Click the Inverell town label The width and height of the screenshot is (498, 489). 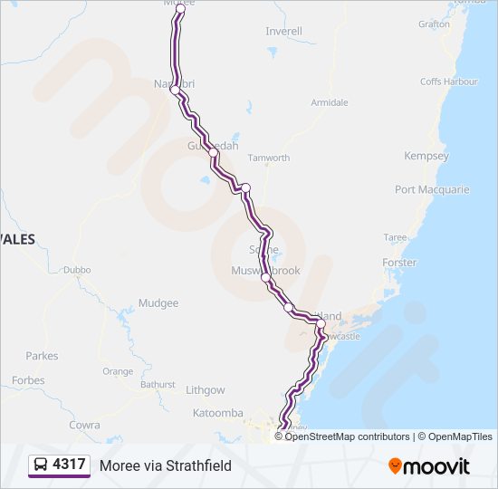[x=283, y=31]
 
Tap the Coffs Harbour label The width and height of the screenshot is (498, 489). [x=448, y=81]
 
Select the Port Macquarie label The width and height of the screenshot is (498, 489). [x=432, y=189]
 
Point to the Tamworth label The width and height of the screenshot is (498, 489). [x=269, y=158]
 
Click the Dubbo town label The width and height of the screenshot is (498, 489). [x=77, y=270]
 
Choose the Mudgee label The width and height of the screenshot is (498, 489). [x=158, y=303]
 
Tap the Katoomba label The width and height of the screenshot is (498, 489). [x=218, y=413]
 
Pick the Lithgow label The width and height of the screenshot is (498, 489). [x=205, y=390]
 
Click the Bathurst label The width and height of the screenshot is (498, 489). [x=158, y=384]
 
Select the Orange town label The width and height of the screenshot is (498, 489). [x=117, y=371]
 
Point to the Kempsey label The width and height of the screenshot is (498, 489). [x=426, y=156]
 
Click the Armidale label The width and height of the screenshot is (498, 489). [x=330, y=102]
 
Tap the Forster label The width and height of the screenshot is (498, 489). [x=399, y=263]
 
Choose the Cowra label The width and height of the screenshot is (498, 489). [x=84, y=424]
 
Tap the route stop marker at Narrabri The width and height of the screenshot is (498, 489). [x=175, y=90]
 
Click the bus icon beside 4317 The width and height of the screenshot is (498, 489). [x=42, y=465]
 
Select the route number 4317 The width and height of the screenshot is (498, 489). [x=70, y=465]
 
